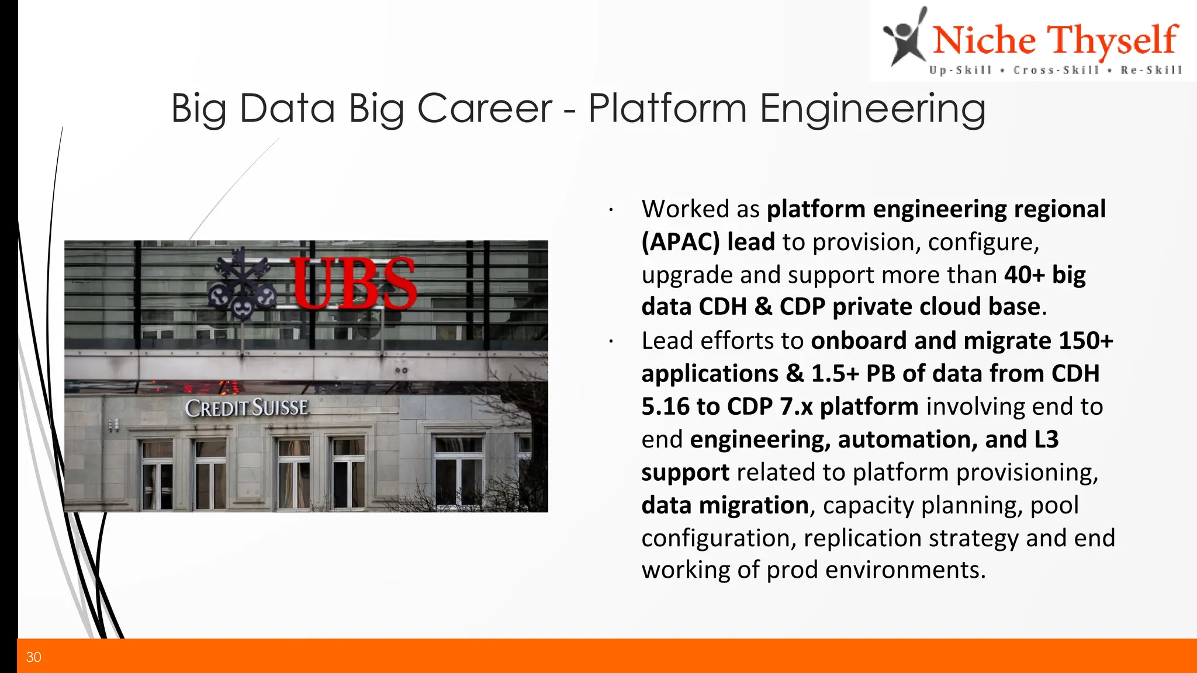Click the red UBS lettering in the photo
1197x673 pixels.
(x=354, y=283)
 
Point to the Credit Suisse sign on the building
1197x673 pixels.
(x=247, y=408)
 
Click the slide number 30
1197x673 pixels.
(x=33, y=657)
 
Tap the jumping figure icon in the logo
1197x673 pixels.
(x=905, y=37)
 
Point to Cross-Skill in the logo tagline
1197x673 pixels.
(x=1056, y=70)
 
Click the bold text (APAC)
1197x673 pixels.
(x=680, y=242)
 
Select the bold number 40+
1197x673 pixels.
(x=1024, y=275)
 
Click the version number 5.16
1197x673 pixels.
(x=665, y=407)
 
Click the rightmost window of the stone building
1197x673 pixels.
(x=459, y=472)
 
